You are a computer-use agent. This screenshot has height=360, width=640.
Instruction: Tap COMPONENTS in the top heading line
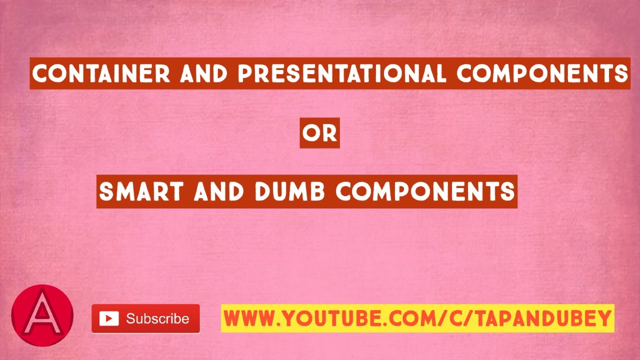(542, 74)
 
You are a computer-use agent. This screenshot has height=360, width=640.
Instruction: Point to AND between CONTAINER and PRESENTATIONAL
(204, 74)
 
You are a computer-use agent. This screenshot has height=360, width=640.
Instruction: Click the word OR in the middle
(320, 133)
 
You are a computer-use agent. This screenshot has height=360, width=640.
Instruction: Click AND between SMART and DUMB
(218, 191)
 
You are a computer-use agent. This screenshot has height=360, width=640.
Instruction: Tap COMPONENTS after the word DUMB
(425, 191)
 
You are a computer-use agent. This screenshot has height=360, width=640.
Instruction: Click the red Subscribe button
(145, 318)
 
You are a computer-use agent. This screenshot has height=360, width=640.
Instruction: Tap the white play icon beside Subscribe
(109, 318)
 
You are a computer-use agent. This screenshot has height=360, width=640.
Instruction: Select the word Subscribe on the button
(157, 318)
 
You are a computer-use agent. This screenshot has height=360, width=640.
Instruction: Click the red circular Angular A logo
(42, 316)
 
